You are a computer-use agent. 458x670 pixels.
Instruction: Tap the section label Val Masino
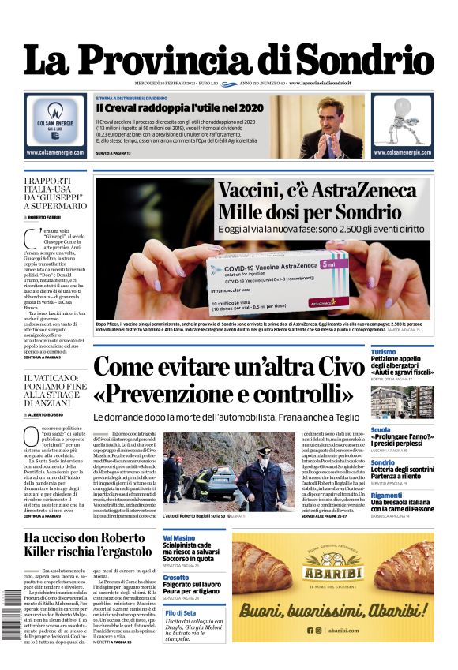[179, 537]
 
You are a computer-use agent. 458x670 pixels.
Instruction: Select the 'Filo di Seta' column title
[181, 613]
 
